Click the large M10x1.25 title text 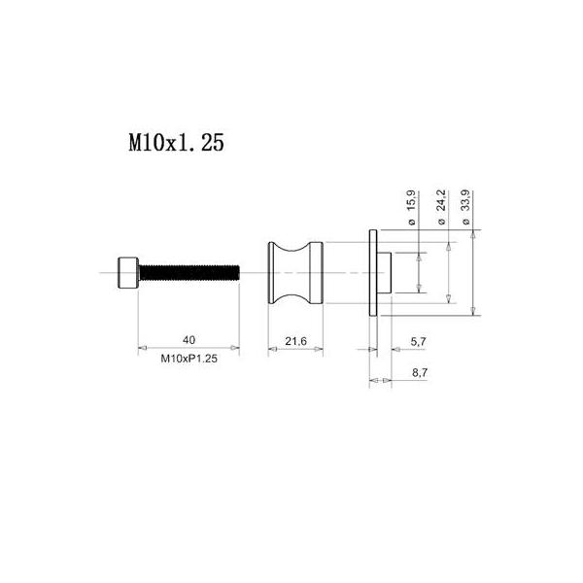pos(176,142)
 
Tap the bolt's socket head pos(128,272)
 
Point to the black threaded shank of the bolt pos(189,272)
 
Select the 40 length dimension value pos(189,340)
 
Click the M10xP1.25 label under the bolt pos(189,359)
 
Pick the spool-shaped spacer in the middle pos(295,272)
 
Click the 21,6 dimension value pos(295,341)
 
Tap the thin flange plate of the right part pos(373,272)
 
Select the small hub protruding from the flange pos(384,272)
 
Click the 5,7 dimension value pos(418,341)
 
